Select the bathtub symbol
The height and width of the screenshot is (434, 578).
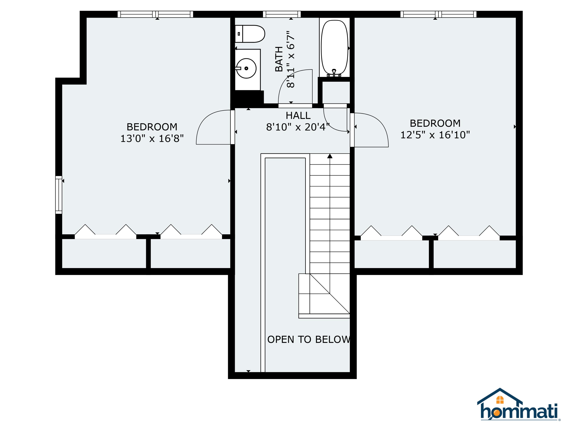pos(334,47)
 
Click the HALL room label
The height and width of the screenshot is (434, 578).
pos(298,115)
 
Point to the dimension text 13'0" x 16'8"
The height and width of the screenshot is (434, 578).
pos(152,138)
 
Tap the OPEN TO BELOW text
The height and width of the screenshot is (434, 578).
pos(308,339)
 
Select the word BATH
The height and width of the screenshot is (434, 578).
pos(279,59)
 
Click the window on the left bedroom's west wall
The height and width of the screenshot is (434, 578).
pos(59,195)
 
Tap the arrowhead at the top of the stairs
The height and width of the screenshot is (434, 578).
pos(330,156)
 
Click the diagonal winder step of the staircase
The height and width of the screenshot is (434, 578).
pos(330,294)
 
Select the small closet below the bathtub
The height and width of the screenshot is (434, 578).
pos(336,93)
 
